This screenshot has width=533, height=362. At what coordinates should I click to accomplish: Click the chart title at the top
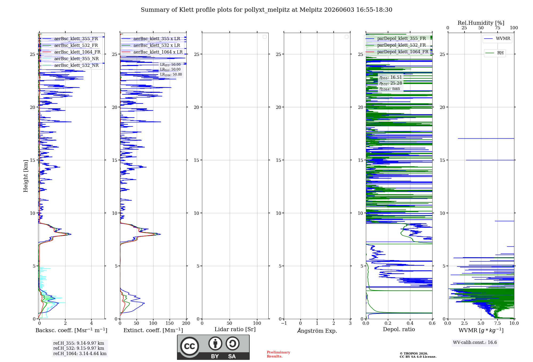click(x=266, y=10)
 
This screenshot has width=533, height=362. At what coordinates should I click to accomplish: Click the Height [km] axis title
click(x=26, y=176)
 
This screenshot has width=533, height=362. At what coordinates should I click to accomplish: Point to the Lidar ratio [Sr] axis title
click(x=235, y=330)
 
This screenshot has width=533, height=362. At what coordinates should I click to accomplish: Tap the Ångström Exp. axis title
click(x=317, y=331)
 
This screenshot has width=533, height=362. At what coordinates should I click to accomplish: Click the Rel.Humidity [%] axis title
click(x=481, y=23)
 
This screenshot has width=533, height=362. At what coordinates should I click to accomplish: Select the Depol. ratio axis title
click(x=399, y=329)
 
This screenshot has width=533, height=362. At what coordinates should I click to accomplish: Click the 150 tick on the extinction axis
click(x=170, y=323)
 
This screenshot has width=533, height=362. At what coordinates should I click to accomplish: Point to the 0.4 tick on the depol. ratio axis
click(x=410, y=323)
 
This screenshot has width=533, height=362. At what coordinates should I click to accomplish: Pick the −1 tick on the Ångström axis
click(x=284, y=323)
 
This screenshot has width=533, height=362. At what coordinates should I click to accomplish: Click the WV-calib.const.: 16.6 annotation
click(x=475, y=343)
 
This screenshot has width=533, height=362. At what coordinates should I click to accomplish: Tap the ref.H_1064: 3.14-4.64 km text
click(x=80, y=353)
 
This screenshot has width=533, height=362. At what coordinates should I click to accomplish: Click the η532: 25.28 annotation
click(x=391, y=83)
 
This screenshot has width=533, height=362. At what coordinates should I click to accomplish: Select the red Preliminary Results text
click(x=278, y=354)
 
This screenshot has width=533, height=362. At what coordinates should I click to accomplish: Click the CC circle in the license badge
click(x=189, y=346)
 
